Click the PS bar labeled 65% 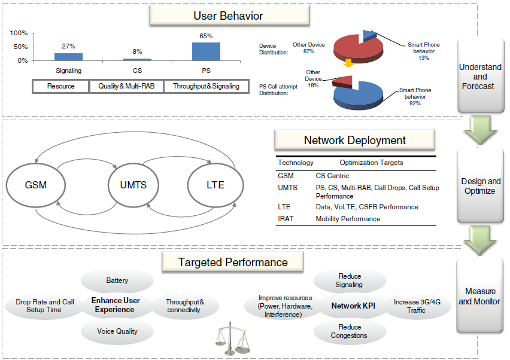pyautogui.click(x=206, y=51)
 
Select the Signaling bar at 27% pyautogui.click(x=68, y=57)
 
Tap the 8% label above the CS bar pyautogui.click(x=137, y=52)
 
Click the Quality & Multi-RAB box pyautogui.click(x=126, y=86)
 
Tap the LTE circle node pyautogui.click(x=215, y=185)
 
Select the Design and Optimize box pyautogui.click(x=481, y=186)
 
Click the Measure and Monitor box pyautogui.click(x=479, y=297)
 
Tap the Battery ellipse pyautogui.click(x=117, y=280)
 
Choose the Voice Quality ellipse pyautogui.click(x=117, y=331)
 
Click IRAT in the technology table pyautogui.click(x=286, y=219)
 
